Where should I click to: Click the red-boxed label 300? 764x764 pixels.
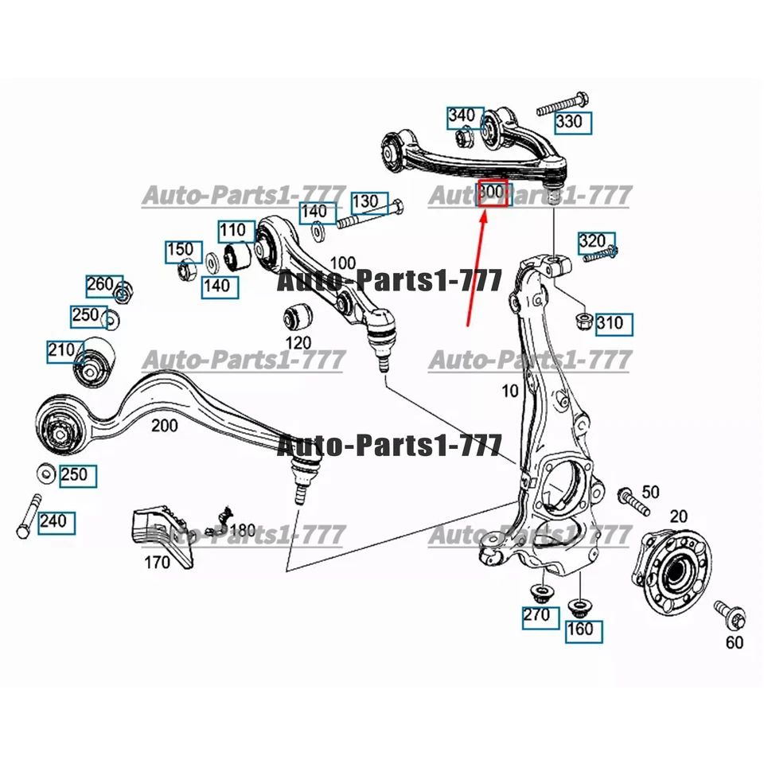point(492,193)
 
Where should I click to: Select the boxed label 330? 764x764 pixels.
point(573,123)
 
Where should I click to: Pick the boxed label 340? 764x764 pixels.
point(462,116)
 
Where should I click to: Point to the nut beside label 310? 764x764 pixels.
point(582,322)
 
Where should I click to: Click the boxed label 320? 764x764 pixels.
point(591,241)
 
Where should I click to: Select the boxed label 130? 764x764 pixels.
point(366,201)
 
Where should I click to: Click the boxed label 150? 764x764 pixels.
point(180,251)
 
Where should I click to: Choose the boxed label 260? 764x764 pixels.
point(102,285)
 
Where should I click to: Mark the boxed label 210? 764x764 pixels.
point(62,349)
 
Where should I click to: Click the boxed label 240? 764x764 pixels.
point(55,523)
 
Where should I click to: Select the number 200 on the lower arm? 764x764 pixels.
point(165,426)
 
